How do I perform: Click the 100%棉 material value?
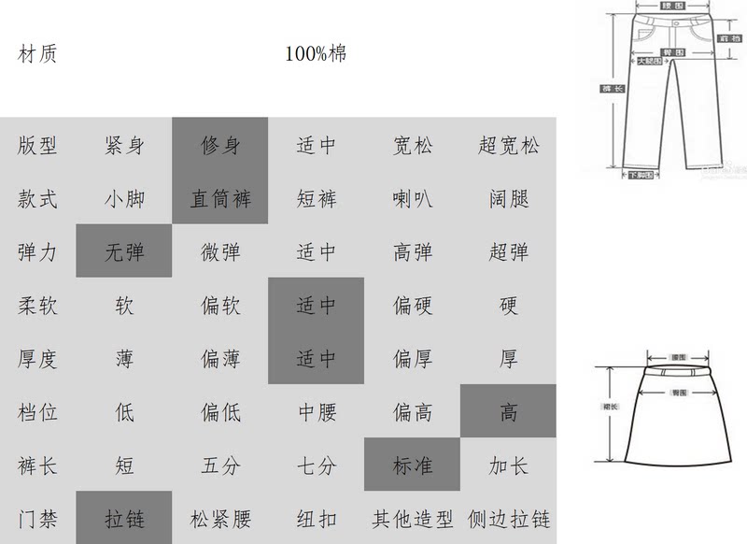pyautogui.click(x=316, y=54)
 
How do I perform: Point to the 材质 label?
pyautogui.click(x=38, y=54)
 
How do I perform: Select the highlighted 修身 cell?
pyautogui.click(x=220, y=145)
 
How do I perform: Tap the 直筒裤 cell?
pyautogui.click(x=220, y=199)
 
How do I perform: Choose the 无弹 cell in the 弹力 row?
pyautogui.click(x=124, y=252)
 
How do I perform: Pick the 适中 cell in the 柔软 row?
pyautogui.click(x=316, y=306)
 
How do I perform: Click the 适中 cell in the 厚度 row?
pyautogui.click(x=316, y=359)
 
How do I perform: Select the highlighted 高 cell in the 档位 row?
pyautogui.click(x=508, y=412)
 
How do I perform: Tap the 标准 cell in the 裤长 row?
pyautogui.click(x=413, y=465)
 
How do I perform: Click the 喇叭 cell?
pyautogui.click(x=413, y=199)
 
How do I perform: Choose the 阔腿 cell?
pyautogui.click(x=508, y=199)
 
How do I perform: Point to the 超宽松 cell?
pyautogui.click(x=508, y=145)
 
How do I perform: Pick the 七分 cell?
pyautogui.click(x=316, y=465)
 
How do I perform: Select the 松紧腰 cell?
pyautogui.click(x=220, y=519)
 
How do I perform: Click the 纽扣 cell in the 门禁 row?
pyautogui.click(x=316, y=519)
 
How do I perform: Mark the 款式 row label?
pyautogui.click(x=38, y=199)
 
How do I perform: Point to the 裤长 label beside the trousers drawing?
pyautogui.click(x=608, y=89)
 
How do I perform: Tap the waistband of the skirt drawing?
pyautogui.click(x=680, y=371)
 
